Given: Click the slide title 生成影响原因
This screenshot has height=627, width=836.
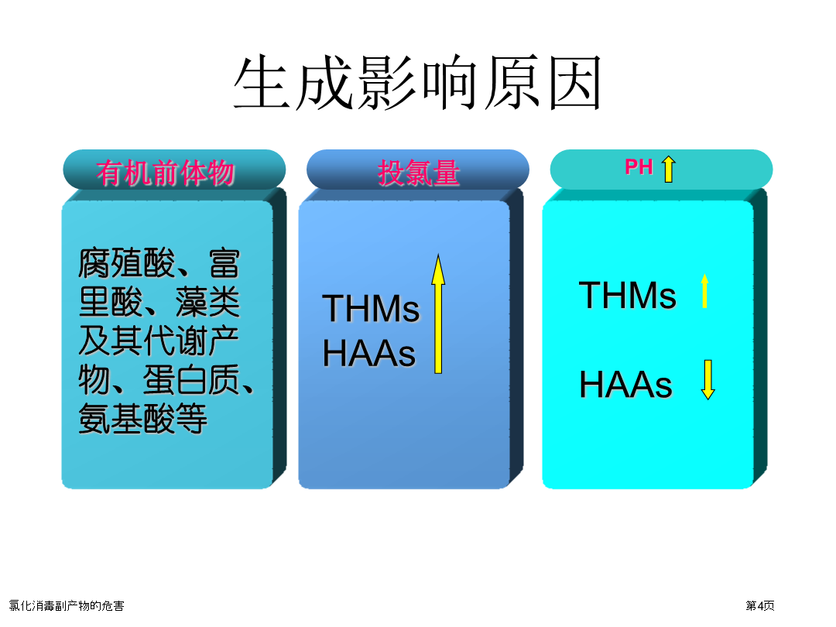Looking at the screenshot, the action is (418, 82).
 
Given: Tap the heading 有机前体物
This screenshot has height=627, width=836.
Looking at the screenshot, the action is (166, 173).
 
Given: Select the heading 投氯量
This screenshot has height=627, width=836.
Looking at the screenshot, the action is (419, 173).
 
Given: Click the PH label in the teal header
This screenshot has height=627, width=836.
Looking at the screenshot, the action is (639, 167).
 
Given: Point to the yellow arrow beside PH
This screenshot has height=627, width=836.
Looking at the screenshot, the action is (669, 169).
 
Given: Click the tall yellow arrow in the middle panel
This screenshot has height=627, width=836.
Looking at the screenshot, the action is (438, 314).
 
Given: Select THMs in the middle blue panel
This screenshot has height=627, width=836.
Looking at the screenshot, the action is (371, 309).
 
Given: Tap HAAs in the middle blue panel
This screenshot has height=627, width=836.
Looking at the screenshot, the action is (369, 353).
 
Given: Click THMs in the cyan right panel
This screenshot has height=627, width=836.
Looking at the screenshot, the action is (628, 295).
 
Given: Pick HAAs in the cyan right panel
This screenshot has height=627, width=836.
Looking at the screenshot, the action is (626, 385).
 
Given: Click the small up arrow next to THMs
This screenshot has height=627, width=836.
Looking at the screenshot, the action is (705, 290).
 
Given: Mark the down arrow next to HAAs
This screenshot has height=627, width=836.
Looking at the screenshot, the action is (708, 379).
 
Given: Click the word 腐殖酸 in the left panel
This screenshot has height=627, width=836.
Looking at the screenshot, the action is (126, 263).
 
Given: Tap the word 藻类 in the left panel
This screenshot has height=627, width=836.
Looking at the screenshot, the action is (207, 302).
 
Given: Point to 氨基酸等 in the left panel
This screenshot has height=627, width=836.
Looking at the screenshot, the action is (142, 419).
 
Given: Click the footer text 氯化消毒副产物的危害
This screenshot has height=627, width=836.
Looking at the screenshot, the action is (67, 605).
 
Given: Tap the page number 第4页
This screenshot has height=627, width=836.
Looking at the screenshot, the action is (760, 605).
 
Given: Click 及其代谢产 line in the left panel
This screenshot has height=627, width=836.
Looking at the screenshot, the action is (159, 341).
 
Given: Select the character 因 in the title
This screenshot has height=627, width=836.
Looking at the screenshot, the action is (575, 83).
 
